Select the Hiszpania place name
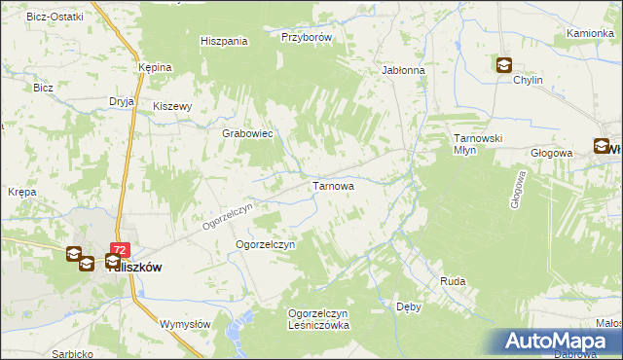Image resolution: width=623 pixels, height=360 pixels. [224, 42]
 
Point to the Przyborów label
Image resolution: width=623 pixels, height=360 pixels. [307, 37]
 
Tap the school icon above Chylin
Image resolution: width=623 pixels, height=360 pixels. [504, 65]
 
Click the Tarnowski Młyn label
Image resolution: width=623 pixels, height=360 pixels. [477, 144]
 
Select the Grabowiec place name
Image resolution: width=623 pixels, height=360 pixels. [246, 133]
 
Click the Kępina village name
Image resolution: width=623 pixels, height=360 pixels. [155, 67]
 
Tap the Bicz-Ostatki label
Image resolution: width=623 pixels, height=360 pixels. [55, 18]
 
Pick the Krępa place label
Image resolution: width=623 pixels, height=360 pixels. [21, 192]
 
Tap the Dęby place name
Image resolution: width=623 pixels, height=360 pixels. [409, 306]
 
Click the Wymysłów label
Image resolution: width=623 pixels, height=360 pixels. [185, 324]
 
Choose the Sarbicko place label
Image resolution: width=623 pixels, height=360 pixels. [73, 352]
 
